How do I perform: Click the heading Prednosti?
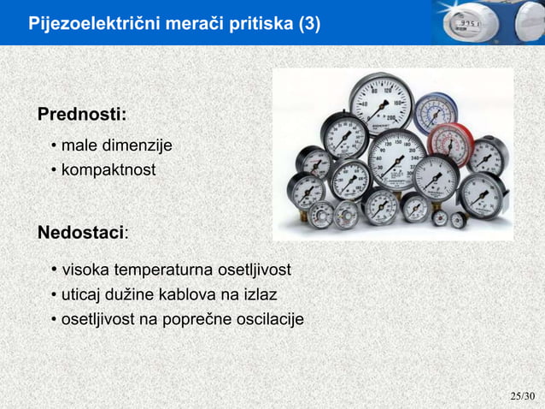[80, 115]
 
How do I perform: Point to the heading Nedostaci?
[81, 233]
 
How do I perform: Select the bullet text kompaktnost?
[108, 170]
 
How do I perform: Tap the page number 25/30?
[521, 396]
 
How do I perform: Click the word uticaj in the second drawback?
[80, 295]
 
